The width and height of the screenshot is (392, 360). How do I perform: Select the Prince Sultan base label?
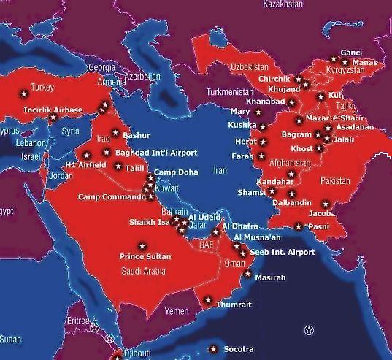point(146,256)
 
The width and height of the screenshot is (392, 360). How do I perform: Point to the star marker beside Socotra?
point(213,348)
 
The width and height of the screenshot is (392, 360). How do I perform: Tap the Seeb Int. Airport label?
point(283,252)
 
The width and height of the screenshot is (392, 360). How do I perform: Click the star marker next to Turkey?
point(23,93)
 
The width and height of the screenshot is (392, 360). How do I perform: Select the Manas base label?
point(364,63)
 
